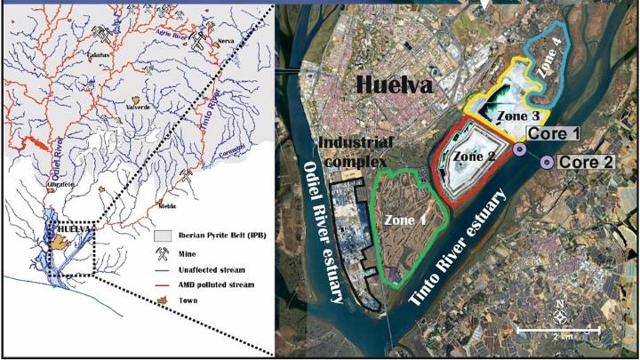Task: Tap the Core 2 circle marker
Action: click(546, 162)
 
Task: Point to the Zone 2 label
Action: click(474, 156)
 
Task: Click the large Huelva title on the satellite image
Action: click(396, 86)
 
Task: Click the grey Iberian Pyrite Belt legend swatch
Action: click(160, 237)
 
